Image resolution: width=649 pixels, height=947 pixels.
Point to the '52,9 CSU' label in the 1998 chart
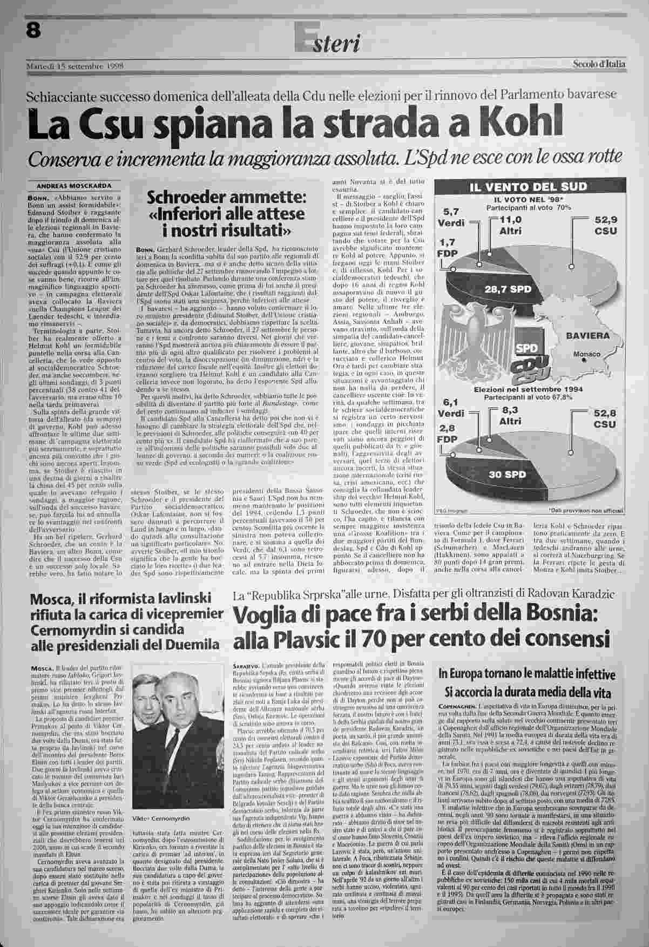click(x=605, y=226)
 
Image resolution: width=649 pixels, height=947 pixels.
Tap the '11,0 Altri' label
click(x=510, y=225)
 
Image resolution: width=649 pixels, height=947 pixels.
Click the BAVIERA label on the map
click(x=587, y=335)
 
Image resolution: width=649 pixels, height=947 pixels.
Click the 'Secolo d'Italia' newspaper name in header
click(x=599, y=64)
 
